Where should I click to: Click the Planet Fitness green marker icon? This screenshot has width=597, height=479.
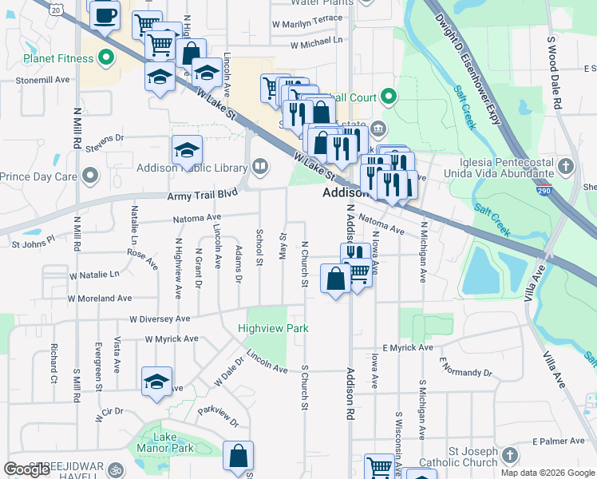point(104,58)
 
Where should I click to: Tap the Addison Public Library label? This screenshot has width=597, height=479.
point(192,168)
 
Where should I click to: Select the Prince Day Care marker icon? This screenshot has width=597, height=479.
point(92,176)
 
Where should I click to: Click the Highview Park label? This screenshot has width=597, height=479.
point(273,328)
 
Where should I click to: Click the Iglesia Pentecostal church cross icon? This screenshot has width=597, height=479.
point(566,167)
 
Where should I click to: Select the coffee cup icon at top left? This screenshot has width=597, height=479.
point(104,14)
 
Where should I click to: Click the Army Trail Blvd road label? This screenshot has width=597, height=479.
point(203,195)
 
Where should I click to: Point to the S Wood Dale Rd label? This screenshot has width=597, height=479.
point(555,73)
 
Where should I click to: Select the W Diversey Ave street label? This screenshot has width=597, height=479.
point(156,318)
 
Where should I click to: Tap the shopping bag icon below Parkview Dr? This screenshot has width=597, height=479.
point(238,457)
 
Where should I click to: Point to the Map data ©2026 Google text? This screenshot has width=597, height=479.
point(548,473)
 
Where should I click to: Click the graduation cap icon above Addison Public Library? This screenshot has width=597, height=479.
point(187,149)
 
